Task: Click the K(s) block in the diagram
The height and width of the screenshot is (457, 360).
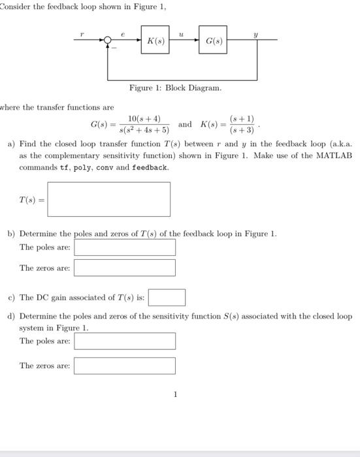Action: coord(155,40)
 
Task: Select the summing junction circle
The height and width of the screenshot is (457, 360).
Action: coord(108,40)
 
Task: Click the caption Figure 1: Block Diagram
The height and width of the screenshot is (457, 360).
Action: coord(175,87)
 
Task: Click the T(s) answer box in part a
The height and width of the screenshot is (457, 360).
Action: coord(108,199)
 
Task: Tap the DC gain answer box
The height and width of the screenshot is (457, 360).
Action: coord(167,298)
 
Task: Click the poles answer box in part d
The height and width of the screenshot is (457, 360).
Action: coord(125,341)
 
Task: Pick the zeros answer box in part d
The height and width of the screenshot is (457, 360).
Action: coord(125,366)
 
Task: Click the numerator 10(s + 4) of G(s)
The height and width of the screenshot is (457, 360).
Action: coord(144,119)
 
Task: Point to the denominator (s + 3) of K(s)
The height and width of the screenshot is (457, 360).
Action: coord(241,129)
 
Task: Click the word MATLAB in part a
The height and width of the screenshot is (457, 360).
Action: coord(335,156)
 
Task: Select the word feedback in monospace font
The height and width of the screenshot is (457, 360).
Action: coord(150,168)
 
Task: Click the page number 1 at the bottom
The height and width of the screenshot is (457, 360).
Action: coord(175,394)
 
